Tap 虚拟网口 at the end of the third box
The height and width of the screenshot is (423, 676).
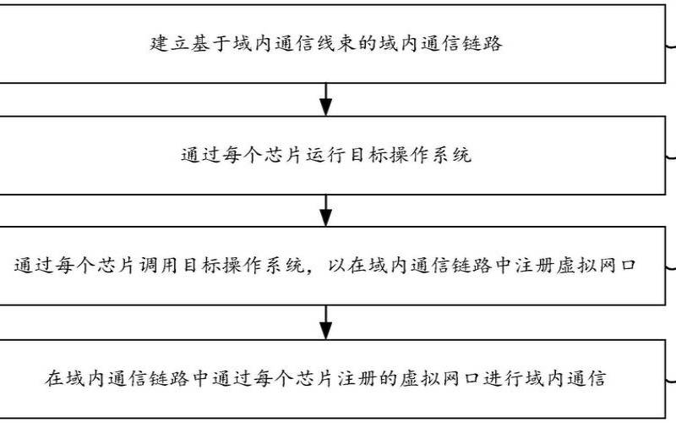click(x=600, y=266)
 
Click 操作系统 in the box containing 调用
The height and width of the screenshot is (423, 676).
click(x=264, y=266)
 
